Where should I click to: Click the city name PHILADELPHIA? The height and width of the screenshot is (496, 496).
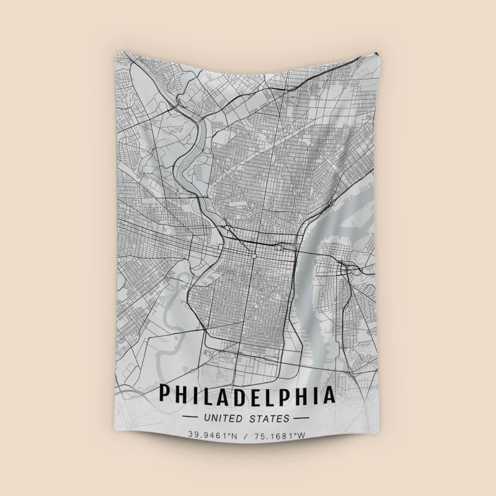(x=247, y=395)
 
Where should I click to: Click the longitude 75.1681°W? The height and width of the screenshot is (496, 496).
(x=280, y=435)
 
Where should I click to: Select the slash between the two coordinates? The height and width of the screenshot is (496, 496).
(x=246, y=435)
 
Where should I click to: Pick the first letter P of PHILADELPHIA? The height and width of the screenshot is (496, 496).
(x=166, y=395)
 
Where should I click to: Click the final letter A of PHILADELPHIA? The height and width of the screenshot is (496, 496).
(x=329, y=395)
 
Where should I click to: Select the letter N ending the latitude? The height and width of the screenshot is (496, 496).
(x=234, y=435)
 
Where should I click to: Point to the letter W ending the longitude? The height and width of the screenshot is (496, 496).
(x=302, y=435)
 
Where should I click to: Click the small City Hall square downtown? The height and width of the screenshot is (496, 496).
(x=254, y=254)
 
